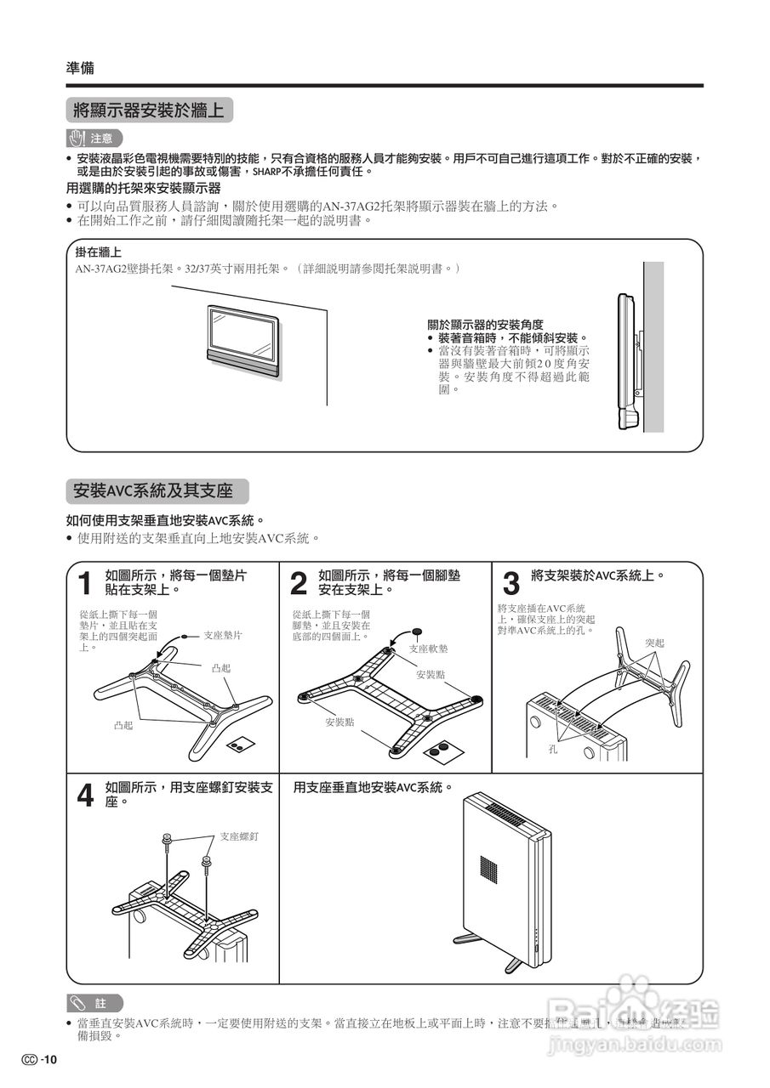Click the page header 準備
point(80,68)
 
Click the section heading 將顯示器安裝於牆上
point(149,110)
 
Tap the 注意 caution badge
point(94,138)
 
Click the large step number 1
point(84,584)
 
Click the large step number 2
point(298,584)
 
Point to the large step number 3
point(510,584)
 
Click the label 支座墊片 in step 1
point(223,635)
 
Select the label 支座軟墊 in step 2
point(428,649)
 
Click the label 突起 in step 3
point(654,643)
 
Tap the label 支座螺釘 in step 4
point(238,837)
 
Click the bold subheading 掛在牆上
point(98,252)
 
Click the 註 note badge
point(94,1003)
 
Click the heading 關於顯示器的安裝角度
point(485,324)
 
